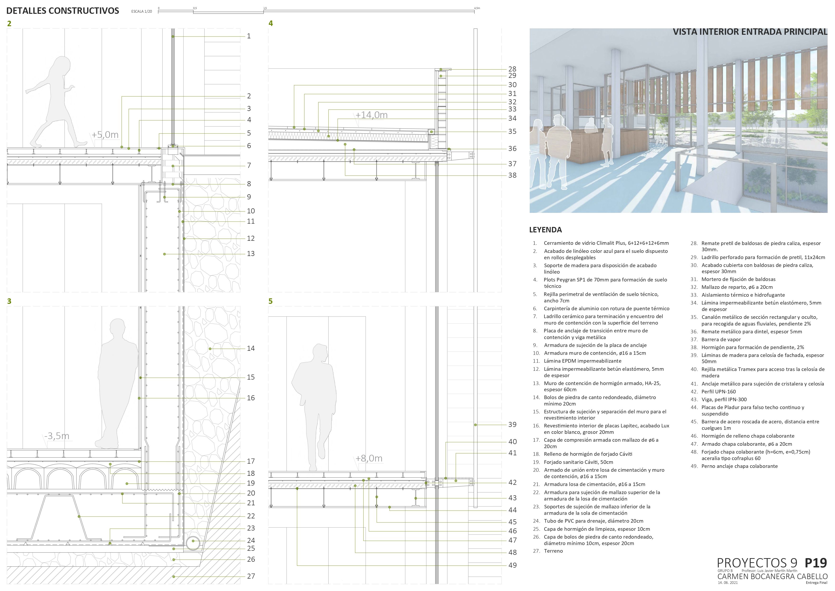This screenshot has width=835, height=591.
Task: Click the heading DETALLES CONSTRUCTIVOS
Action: [x=63, y=11]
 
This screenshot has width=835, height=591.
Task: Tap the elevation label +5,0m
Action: [x=105, y=135]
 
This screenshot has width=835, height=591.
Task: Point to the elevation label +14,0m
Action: [x=371, y=115]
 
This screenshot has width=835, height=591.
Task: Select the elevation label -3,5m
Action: [x=57, y=436]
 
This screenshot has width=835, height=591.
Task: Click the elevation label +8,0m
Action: [x=369, y=459]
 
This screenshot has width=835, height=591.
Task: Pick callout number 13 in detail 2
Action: [x=251, y=254]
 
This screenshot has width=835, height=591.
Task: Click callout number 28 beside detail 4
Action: [x=512, y=69]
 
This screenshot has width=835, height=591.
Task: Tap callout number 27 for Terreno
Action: [x=251, y=576]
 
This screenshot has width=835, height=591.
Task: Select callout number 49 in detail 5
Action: [x=512, y=565]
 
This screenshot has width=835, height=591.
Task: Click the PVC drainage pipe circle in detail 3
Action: [x=193, y=541]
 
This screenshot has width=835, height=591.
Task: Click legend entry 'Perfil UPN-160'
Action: [x=718, y=391]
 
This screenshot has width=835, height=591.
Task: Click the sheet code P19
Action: [x=816, y=563]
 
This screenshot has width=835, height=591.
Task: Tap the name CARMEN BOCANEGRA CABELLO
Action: [x=772, y=576]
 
